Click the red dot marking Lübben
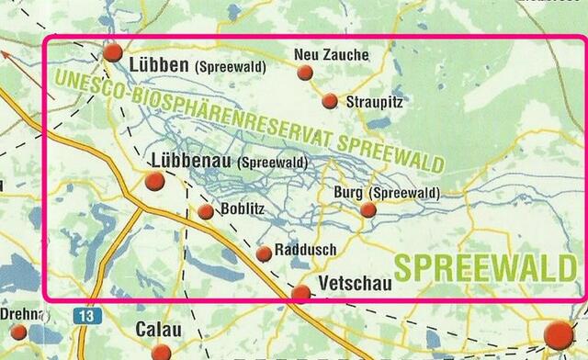pos(113,52)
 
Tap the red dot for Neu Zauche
pos(305,73)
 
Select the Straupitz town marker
pos(330,101)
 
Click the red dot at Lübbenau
pos(155,181)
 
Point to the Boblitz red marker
pos(206,212)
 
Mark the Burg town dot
pos(367,210)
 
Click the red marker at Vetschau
pos(301,294)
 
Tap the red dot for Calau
pos(162,352)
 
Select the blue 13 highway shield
pos(87,316)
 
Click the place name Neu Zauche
pos(331,55)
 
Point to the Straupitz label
pos(374,102)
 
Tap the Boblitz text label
pos(243,209)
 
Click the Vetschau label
pos(355,284)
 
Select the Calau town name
pos(158,329)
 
